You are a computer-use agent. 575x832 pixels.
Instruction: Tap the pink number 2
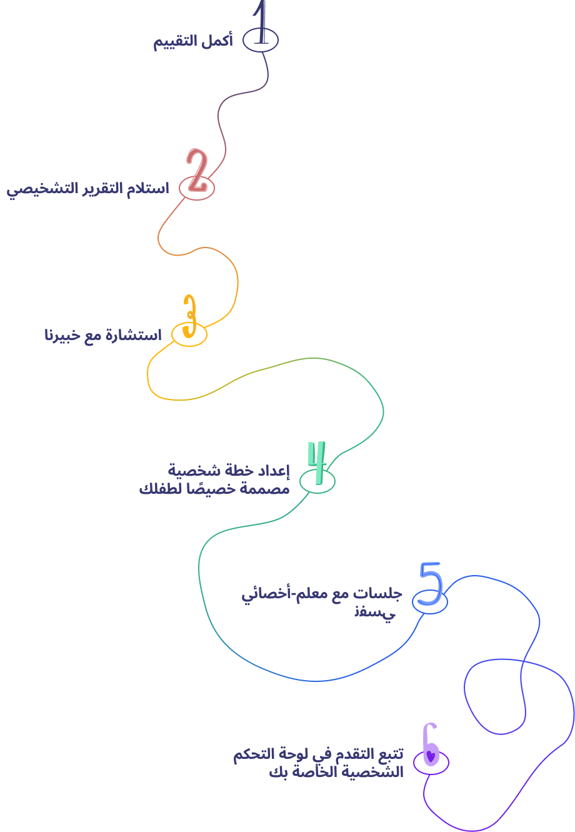[x=197, y=170]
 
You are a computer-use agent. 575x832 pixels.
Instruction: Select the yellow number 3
[x=189, y=317]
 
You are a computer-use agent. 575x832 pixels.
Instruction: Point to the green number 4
[x=317, y=463]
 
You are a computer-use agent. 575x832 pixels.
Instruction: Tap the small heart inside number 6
[x=430, y=754]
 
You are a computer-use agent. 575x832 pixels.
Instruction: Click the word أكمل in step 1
[x=219, y=42]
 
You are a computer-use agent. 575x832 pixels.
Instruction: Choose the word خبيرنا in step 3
[x=61, y=336]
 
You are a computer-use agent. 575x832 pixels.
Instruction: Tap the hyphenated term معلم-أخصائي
[x=286, y=594]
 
